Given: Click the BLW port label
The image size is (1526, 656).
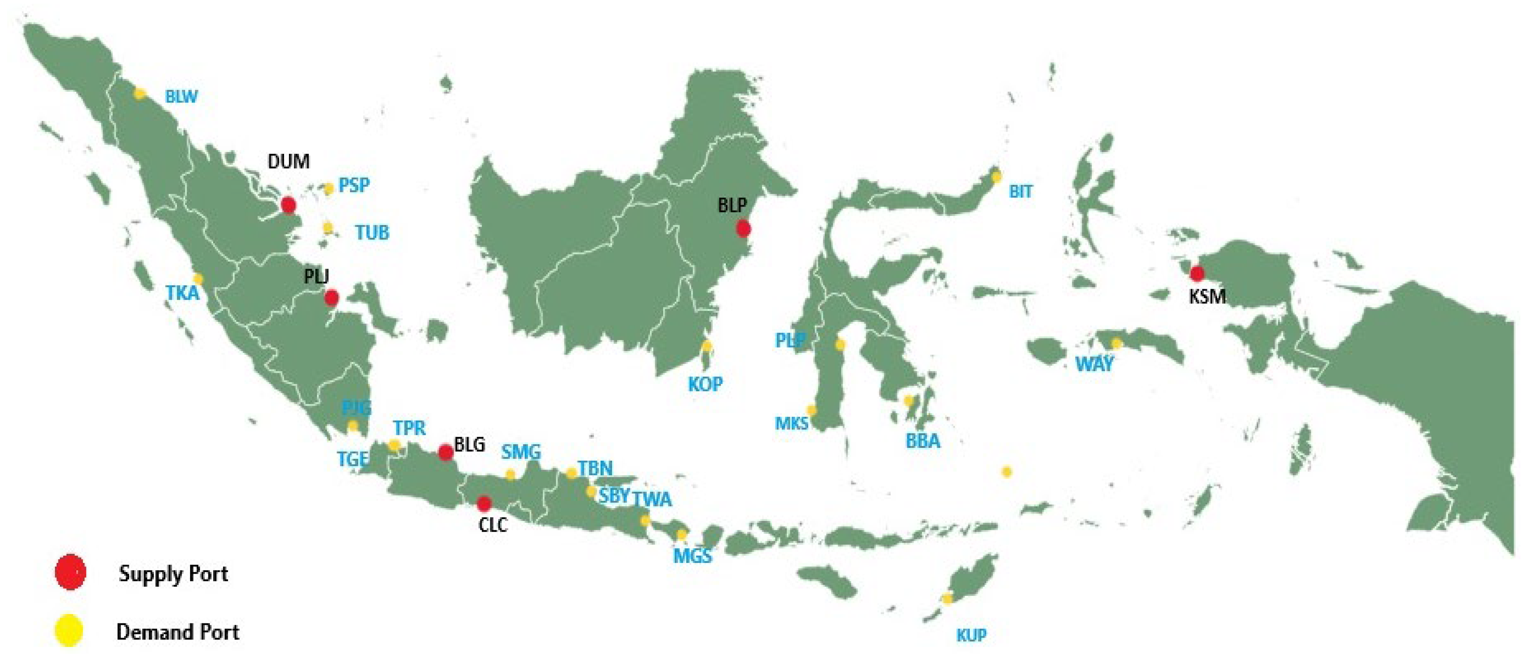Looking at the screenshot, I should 181,97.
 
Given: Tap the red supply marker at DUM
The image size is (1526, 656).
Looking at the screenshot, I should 288,205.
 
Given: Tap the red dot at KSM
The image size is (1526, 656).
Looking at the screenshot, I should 1197,273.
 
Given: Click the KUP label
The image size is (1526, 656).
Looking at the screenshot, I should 972,636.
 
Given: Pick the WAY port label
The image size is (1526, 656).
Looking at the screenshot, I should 1094,364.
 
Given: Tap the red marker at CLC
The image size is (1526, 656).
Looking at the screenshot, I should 484,504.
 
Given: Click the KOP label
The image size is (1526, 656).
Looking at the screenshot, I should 705,384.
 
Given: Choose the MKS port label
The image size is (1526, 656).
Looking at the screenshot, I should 791,423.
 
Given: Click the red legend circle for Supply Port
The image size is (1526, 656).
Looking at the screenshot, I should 70,572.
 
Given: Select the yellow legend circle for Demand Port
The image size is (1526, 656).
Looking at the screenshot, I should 69,631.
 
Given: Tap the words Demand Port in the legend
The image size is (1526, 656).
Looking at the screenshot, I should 178,632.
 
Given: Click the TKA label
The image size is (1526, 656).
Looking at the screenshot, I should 182,293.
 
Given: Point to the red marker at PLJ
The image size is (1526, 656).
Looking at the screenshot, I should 332,298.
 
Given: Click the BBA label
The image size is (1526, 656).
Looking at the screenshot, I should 923,441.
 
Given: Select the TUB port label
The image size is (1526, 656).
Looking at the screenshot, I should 372,232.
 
